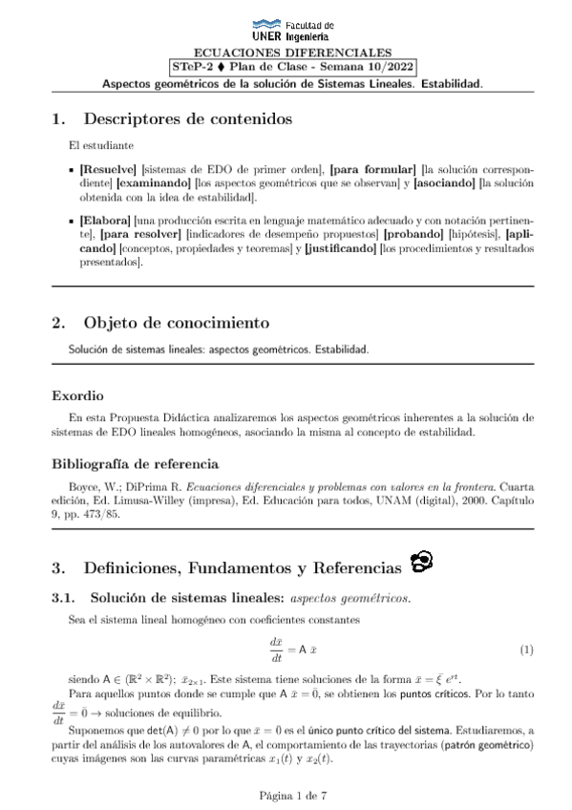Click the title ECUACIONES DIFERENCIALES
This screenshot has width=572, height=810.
click(x=286, y=53)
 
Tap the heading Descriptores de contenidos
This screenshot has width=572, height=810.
click(x=187, y=120)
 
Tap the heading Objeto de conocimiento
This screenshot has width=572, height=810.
click(x=177, y=322)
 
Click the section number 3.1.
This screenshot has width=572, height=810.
click(x=63, y=599)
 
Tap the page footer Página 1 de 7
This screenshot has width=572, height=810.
click(x=286, y=792)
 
